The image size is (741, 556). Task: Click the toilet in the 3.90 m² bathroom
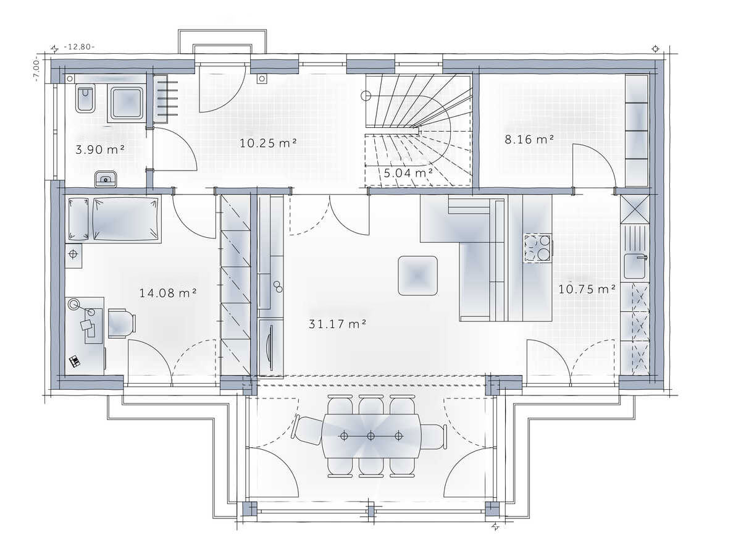85,98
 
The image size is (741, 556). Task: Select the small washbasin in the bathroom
106,179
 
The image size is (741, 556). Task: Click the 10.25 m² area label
268,143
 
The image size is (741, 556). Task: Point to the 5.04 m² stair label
408,173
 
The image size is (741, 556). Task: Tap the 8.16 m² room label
529,140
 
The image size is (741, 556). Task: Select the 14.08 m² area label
168,293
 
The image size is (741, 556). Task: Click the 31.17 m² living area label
337,324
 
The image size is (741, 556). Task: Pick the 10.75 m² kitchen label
587,289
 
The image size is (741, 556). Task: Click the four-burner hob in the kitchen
537,248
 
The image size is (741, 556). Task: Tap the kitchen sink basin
635,266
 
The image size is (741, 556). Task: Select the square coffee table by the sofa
417,276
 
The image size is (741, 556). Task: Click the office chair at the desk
122,322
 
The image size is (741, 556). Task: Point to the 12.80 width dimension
79,47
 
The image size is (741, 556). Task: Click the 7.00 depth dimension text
36,69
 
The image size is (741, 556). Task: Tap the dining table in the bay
371,436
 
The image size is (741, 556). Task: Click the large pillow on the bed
125,219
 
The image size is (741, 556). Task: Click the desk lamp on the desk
73,304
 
